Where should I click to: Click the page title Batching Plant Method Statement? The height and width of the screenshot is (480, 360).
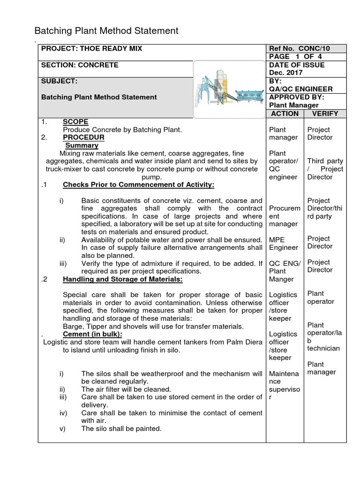point(106,31)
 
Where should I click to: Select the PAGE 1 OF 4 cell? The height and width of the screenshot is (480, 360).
point(295,57)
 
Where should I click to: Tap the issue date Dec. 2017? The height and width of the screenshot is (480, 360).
point(285,73)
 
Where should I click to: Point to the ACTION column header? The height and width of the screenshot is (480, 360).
point(285,113)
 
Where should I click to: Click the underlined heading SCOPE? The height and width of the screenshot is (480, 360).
point(75,122)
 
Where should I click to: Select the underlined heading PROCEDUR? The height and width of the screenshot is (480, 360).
point(83,137)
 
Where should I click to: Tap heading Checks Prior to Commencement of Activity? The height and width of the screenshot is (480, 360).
point(138,185)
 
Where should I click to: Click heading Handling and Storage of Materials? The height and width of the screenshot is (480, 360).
point(122,279)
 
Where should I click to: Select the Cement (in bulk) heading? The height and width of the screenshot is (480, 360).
point(92,334)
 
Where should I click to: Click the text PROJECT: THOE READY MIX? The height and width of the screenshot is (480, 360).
point(92,49)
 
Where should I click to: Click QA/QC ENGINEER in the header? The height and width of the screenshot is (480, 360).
point(300,89)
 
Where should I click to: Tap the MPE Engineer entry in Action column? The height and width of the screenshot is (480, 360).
point(283,243)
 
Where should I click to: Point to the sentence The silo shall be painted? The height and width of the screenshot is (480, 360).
point(121,429)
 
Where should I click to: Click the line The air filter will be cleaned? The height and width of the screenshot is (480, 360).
point(126,389)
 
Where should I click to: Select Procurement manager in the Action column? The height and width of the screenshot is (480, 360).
point(283,217)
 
